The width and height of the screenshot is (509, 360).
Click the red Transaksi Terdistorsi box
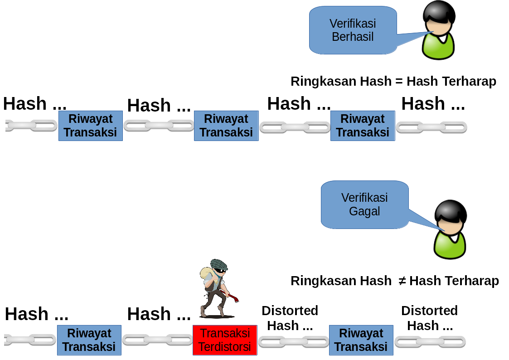[x=225, y=340]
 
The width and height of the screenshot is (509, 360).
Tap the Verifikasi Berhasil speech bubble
[x=353, y=30]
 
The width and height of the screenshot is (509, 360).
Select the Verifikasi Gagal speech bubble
[x=365, y=204]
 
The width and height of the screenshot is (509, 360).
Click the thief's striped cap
[x=219, y=264]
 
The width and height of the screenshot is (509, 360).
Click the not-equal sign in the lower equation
[x=402, y=281]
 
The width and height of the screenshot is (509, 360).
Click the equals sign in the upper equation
[x=399, y=82]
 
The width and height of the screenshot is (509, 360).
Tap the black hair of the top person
[x=439, y=13]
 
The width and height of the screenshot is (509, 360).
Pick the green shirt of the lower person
[x=450, y=245]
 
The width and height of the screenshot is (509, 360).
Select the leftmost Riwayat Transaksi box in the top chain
[x=91, y=126]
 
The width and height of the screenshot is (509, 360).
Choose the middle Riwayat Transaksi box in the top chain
[x=226, y=126]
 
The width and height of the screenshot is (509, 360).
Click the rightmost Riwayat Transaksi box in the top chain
[x=363, y=126]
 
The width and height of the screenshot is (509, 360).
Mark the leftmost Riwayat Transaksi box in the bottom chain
[x=89, y=340]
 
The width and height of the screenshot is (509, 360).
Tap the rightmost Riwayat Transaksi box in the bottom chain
[x=361, y=340]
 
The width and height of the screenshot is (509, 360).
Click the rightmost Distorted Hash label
[x=430, y=318]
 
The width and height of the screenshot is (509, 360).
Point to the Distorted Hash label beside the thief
[x=290, y=318]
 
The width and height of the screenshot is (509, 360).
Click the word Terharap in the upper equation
[x=451, y=81]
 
